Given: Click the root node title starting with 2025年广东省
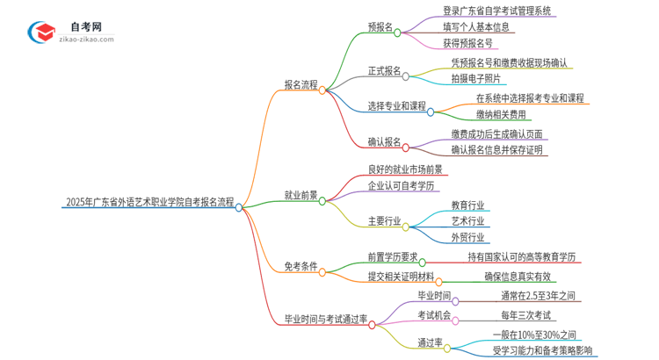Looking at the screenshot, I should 149,203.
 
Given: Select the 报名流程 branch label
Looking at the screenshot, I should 301,84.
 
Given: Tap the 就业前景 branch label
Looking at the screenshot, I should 301,196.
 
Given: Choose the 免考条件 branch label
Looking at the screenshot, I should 301,266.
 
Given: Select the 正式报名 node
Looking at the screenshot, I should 384,70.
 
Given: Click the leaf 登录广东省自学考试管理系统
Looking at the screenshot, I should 497,11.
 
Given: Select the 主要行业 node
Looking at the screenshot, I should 384,221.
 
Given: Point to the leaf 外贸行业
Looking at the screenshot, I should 467,236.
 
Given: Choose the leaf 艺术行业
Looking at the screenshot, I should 467,220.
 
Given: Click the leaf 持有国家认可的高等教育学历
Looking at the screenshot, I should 522,256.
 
